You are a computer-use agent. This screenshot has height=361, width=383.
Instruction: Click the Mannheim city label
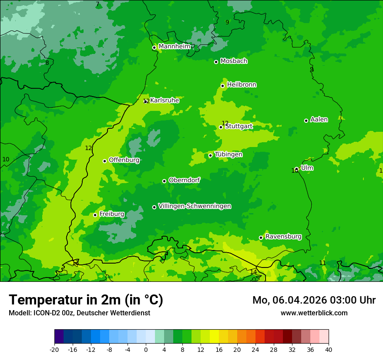(174, 46)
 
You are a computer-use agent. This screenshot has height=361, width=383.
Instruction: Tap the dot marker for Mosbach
(216, 62)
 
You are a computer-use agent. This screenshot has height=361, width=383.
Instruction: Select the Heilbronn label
(242, 84)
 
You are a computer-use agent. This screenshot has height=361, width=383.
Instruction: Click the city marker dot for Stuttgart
(221, 127)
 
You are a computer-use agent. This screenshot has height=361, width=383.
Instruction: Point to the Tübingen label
(228, 154)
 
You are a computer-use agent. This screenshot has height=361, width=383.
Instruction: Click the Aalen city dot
(306, 120)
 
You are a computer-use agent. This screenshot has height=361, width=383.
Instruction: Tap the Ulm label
(307, 168)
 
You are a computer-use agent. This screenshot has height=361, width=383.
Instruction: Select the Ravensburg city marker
(261, 237)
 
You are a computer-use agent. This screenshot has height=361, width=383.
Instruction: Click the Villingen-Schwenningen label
(195, 206)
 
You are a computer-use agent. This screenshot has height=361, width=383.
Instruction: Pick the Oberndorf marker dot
(164, 181)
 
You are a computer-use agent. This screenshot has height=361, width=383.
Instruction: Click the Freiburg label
(111, 214)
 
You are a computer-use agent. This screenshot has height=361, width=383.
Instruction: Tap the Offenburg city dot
(104, 161)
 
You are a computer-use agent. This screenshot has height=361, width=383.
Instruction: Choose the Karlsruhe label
(165, 100)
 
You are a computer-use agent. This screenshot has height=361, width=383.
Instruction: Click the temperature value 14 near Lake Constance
(253, 272)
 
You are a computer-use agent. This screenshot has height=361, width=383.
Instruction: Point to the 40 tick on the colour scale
(329, 349)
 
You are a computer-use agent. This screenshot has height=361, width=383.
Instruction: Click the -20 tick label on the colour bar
(54, 349)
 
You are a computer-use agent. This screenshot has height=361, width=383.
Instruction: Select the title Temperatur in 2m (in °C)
(86, 300)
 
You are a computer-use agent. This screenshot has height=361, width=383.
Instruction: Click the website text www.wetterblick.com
(314, 313)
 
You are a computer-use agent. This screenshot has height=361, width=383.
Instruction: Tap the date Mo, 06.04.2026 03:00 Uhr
(314, 300)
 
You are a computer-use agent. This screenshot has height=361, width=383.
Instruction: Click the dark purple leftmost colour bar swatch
(59, 337)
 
